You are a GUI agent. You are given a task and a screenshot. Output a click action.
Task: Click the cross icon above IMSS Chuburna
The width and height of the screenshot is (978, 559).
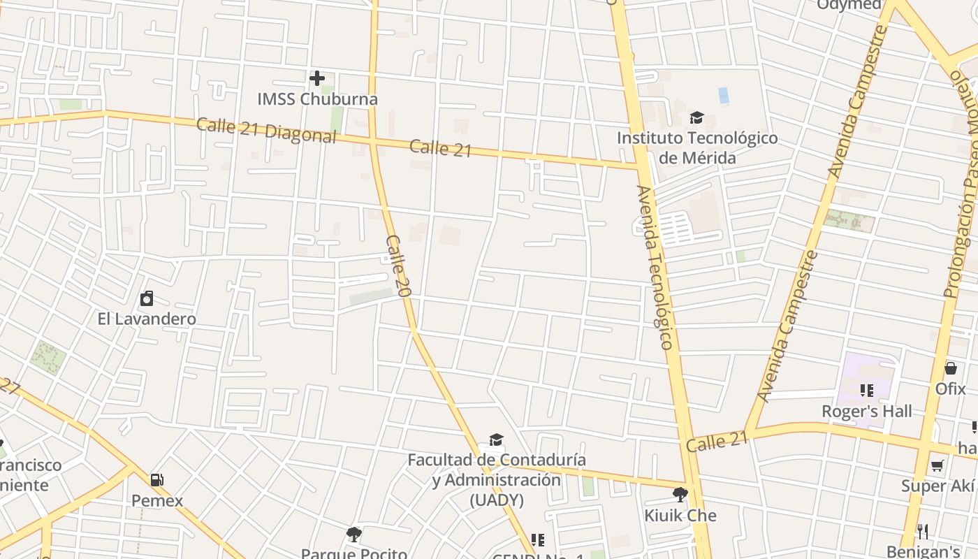[x=317, y=78]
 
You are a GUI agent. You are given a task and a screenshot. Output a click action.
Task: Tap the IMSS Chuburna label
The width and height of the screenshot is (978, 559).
[x=317, y=99]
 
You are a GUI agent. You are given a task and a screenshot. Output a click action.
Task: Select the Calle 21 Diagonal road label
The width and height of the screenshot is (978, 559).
[x=266, y=130]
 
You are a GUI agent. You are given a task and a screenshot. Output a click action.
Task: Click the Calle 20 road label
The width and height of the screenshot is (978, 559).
[x=396, y=266]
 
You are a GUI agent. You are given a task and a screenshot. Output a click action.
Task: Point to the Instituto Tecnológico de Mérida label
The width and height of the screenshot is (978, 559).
[x=696, y=147]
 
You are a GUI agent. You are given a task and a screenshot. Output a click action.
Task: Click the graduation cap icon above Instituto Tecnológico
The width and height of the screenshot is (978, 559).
[x=696, y=117]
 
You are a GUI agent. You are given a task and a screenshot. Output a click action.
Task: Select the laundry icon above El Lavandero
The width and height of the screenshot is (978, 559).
[x=147, y=299]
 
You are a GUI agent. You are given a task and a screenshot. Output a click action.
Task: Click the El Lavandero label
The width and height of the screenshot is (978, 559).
[x=147, y=319]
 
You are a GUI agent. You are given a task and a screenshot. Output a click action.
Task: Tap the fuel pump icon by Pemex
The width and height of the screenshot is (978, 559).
[x=157, y=480]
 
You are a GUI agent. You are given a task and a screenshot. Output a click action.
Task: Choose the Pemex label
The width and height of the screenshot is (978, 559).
[x=157, y=500]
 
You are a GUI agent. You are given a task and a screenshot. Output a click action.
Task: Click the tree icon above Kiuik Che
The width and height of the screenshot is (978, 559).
[x=680, y=495]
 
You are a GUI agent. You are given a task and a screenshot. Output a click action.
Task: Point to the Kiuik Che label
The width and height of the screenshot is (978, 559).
[x=680, y=516]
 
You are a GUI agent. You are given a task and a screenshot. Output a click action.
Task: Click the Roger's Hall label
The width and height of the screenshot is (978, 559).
[x=866, y=411]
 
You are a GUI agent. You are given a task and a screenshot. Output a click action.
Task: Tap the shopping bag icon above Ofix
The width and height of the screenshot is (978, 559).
[x=950, y=368]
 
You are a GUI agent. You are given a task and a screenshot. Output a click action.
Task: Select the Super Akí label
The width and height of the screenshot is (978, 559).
[x=937, y=486]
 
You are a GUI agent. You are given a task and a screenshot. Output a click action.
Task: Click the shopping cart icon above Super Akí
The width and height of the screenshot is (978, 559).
[x=937, y=465]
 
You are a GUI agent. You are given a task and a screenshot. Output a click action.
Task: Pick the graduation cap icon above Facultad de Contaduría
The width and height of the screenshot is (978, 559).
[x=496, y=440]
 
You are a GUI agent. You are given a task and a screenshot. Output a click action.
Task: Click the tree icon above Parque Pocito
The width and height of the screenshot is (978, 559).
[x=353, y=535]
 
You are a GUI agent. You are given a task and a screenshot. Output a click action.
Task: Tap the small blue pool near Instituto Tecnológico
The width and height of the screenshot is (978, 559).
[x=723, y=95]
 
